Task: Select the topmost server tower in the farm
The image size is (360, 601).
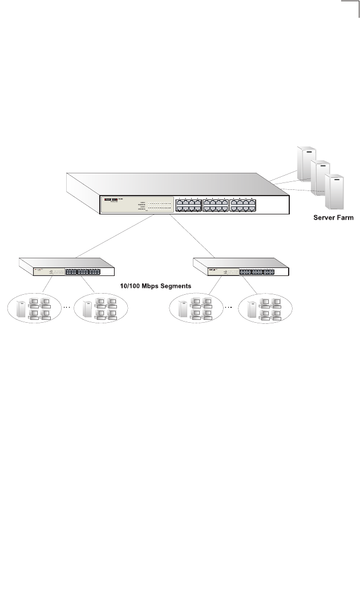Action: [306, 162]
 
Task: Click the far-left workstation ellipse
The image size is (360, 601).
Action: [34, 308]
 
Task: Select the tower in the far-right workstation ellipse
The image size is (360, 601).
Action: [251, 308]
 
